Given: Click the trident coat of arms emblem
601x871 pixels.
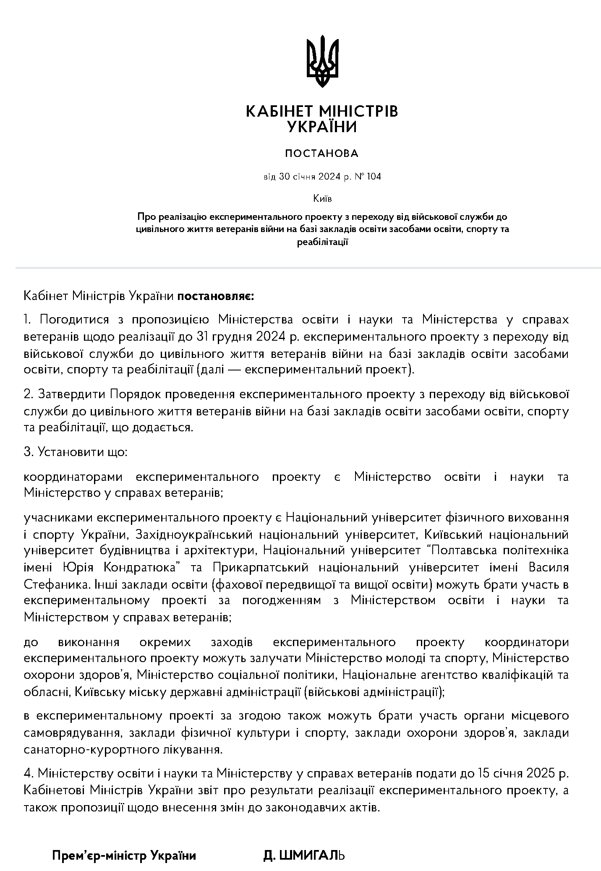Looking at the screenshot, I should coord(322,61).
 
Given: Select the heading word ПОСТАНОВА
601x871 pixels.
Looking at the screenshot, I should coord(322,154).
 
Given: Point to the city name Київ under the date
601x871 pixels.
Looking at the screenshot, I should coord(322,198).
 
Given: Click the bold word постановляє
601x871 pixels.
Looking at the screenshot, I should coord(215,296).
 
